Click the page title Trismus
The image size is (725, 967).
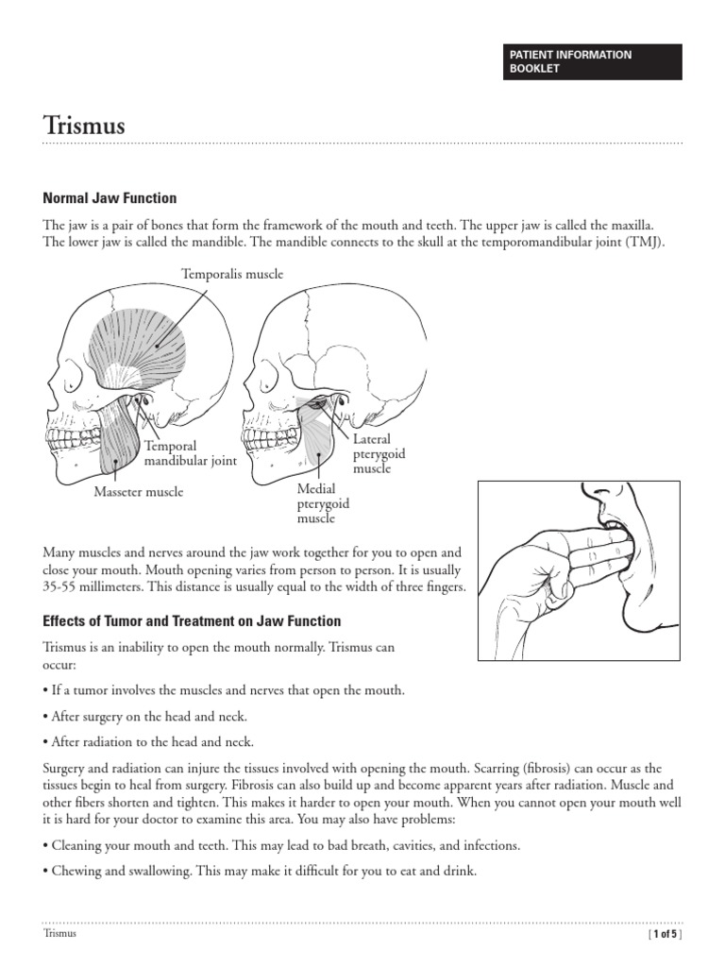(x=84, y=126)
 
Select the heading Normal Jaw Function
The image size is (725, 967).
(x=110, y=198)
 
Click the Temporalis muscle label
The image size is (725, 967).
(x=232, y=274)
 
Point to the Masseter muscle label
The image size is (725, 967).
(x=139, y=492)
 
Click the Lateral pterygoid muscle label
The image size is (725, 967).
(x=379, y=454)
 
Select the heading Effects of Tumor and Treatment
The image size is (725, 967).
(x=193, y=621)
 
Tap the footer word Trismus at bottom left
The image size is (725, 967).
(x=59, y=934)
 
